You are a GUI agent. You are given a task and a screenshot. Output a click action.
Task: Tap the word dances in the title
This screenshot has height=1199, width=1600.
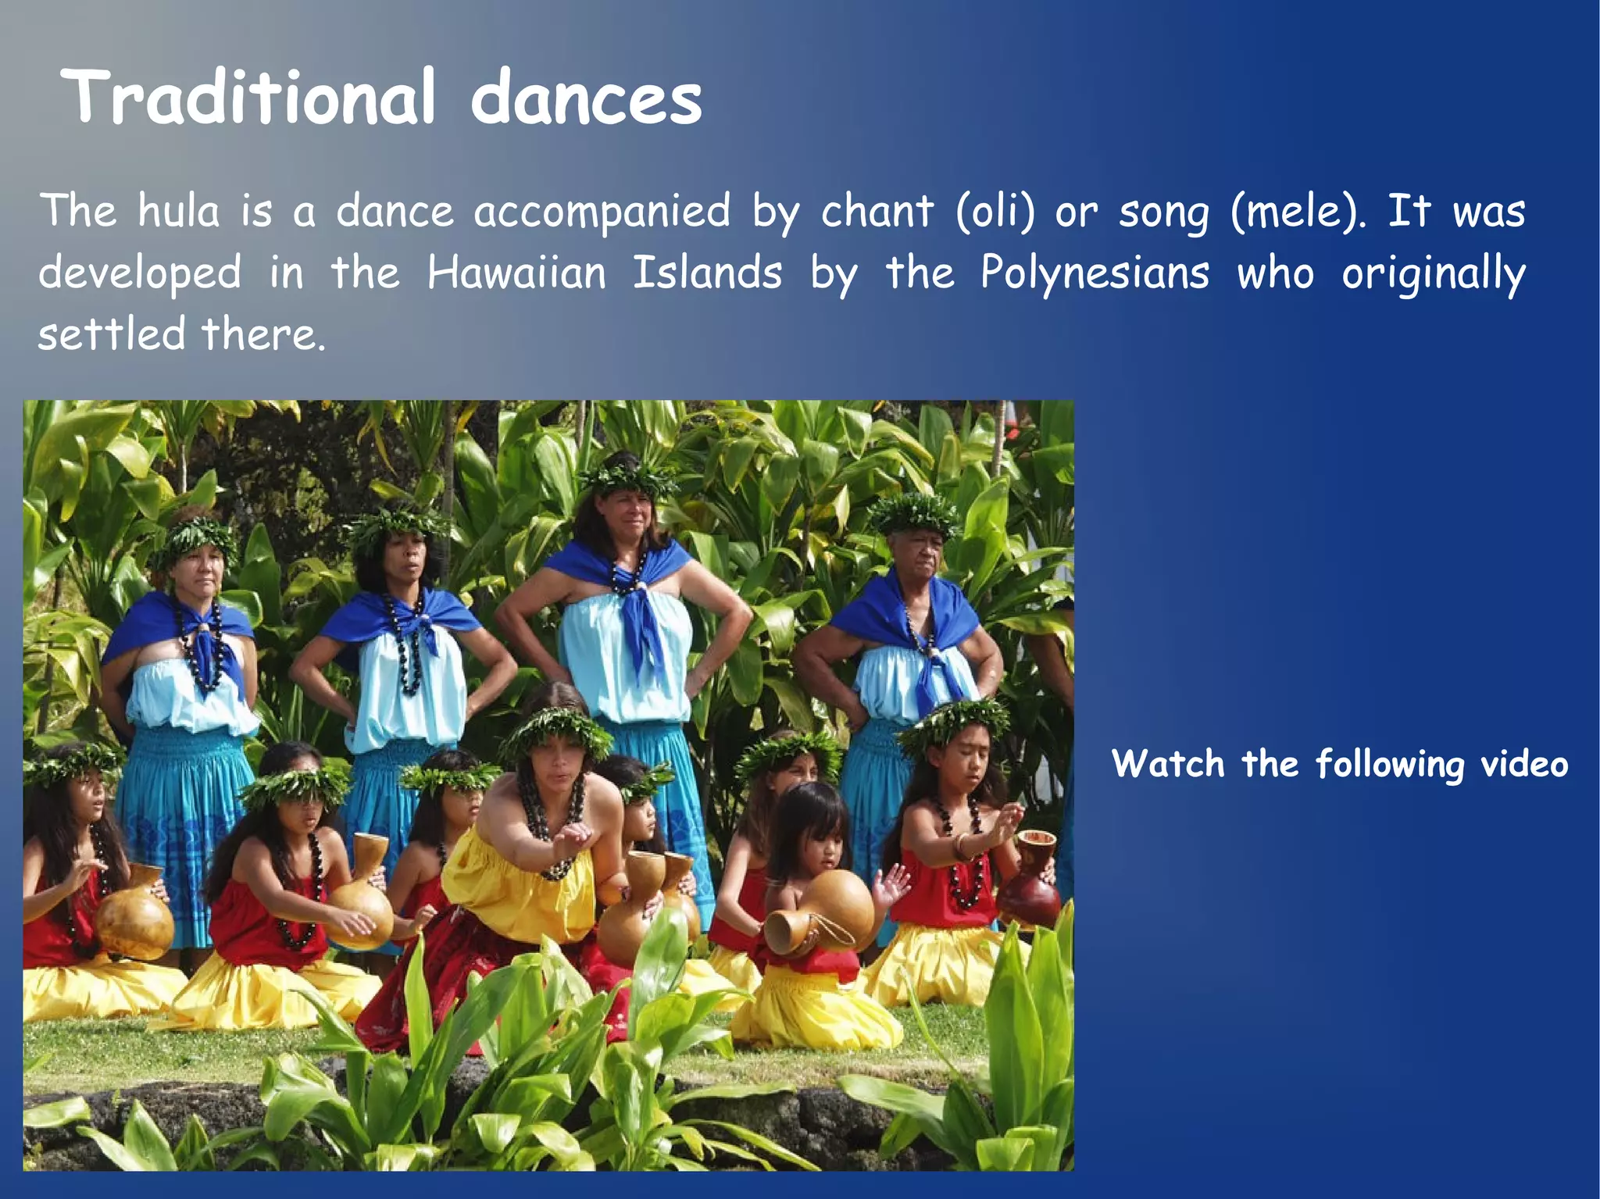click(586, 98)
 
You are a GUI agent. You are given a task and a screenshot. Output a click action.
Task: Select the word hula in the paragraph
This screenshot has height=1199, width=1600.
click(179, 211)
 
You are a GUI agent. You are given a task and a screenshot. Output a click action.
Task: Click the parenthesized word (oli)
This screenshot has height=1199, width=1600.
click(995, 211)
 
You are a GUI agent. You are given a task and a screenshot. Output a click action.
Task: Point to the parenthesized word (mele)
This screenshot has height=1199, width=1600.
click(1298, 211)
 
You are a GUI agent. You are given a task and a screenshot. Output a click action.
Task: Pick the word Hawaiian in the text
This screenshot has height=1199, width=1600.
click(516, 273)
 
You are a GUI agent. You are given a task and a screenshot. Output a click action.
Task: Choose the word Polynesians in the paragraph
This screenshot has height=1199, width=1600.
click(1095, 273)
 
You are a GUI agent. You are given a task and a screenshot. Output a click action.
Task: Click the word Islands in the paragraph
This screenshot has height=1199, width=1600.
click(707, 273)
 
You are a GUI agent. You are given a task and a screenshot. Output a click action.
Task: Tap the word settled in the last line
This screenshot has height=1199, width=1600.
click(112, 334)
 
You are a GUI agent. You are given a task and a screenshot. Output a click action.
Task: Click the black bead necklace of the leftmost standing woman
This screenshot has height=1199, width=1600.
click(202, 648)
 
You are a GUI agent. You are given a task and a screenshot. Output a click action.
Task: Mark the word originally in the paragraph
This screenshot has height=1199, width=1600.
click(1434, 274)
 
